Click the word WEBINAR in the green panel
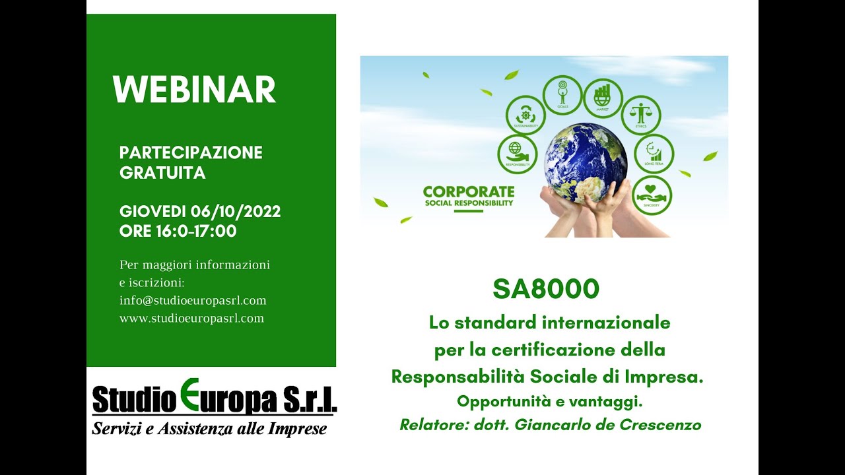[194, 90]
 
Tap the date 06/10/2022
[236, 212]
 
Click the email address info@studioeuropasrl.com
[193, 300]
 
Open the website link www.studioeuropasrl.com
[191, 318]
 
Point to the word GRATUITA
[162, 173]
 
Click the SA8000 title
[545, 289]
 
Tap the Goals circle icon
[562, 95]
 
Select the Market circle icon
[602, 98]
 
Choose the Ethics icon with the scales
[640, 115]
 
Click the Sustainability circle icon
[525, 115]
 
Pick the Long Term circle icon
[654, 153]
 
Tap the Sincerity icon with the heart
[652, 195]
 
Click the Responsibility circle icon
[517, 154]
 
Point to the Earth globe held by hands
[585, 162]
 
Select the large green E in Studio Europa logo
[188, 395]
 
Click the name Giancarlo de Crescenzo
[607, 425]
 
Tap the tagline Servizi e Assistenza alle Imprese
[209, 429]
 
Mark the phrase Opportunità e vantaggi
[549, 401]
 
